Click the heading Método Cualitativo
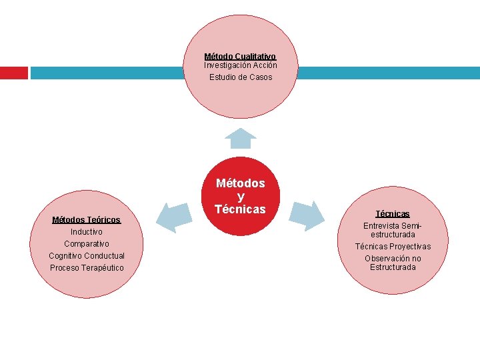[x=240, y=57]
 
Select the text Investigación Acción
[x=240, y=65]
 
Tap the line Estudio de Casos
[x=240, y=77]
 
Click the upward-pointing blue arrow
[x=240, y=138]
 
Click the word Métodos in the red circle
[x=240, y=183]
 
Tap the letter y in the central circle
[x=240, y=196]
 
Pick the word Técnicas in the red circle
[x=240, y=209]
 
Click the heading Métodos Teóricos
[x=87, y=220]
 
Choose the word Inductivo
[x=87, y=232]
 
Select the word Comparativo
[x=87, y=244]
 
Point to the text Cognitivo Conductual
[x=87, y=256]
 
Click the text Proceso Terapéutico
[x=87, y=268]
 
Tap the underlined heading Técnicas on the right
[x=393, y=214]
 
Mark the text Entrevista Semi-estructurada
[x=393, y=230]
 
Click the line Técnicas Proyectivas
[x=393, y=247]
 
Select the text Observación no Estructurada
[x=393, y=263]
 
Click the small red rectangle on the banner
[x=13, y=73]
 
